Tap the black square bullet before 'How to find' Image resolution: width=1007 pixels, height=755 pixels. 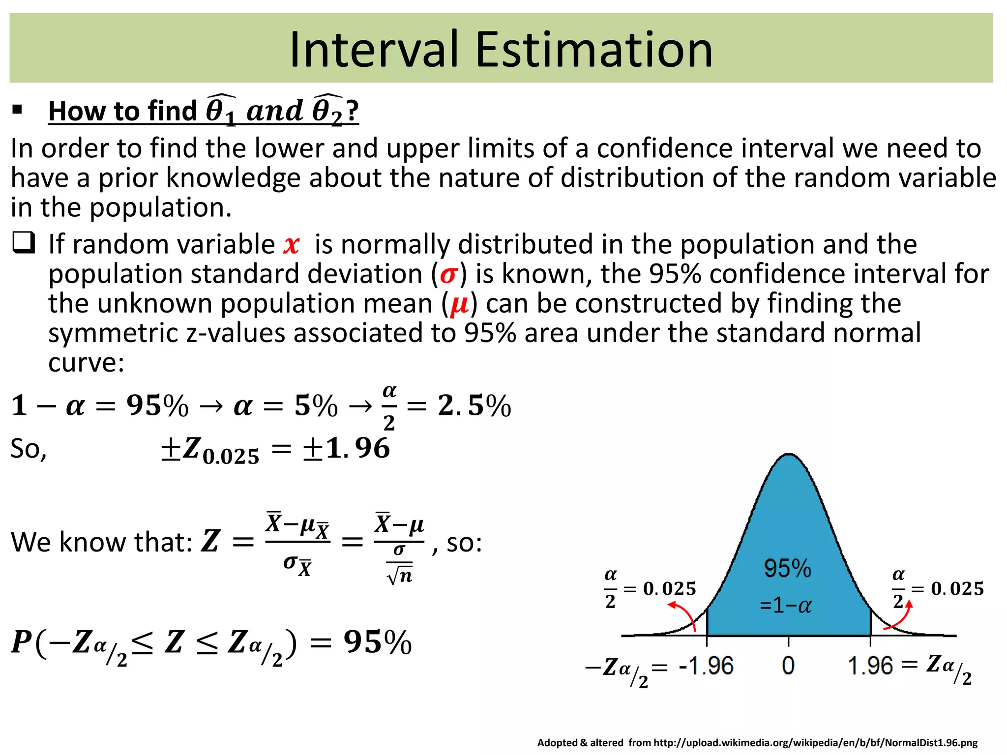click(18, 110)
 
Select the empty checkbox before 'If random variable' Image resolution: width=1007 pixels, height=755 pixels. click(24, 243)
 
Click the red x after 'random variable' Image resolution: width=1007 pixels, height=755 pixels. click(292, 244)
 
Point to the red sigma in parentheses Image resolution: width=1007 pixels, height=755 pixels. click(449, 274)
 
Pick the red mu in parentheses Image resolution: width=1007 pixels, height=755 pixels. click(459, 304)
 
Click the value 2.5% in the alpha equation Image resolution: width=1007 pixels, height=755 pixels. click(474, 406)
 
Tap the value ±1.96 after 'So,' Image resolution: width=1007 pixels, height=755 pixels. click(347, 448)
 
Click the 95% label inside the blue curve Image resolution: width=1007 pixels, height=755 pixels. click(787, 568)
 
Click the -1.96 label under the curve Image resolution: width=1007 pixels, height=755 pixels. click(706, 666)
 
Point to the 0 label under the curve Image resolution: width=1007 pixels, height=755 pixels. click(788, 666)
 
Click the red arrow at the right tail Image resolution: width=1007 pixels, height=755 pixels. click(899, 616)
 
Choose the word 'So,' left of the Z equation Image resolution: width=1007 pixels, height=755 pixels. click(29, 449)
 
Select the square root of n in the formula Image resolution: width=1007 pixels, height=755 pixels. click(400, 575)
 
